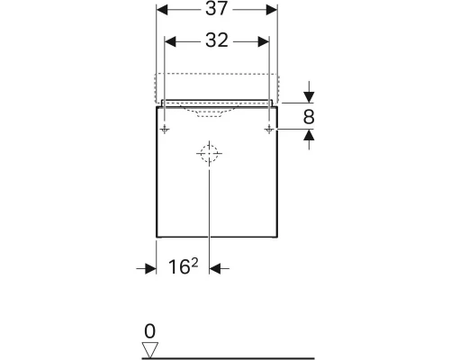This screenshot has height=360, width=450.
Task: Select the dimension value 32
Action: pos(216,40)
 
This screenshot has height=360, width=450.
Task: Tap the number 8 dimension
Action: pos(309,115)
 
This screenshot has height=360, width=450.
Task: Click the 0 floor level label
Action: pos(149,329)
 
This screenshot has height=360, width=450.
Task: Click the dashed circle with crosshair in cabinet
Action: pos(208,154)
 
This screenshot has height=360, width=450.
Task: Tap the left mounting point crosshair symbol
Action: pos(165,130)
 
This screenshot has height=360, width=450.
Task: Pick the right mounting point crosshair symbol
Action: pos(268,130)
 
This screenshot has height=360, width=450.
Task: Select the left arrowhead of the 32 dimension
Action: pos(170,40)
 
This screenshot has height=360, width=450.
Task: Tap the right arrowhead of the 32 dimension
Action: pos(263,40)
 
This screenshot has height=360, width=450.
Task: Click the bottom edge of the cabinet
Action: pos(216,237)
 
